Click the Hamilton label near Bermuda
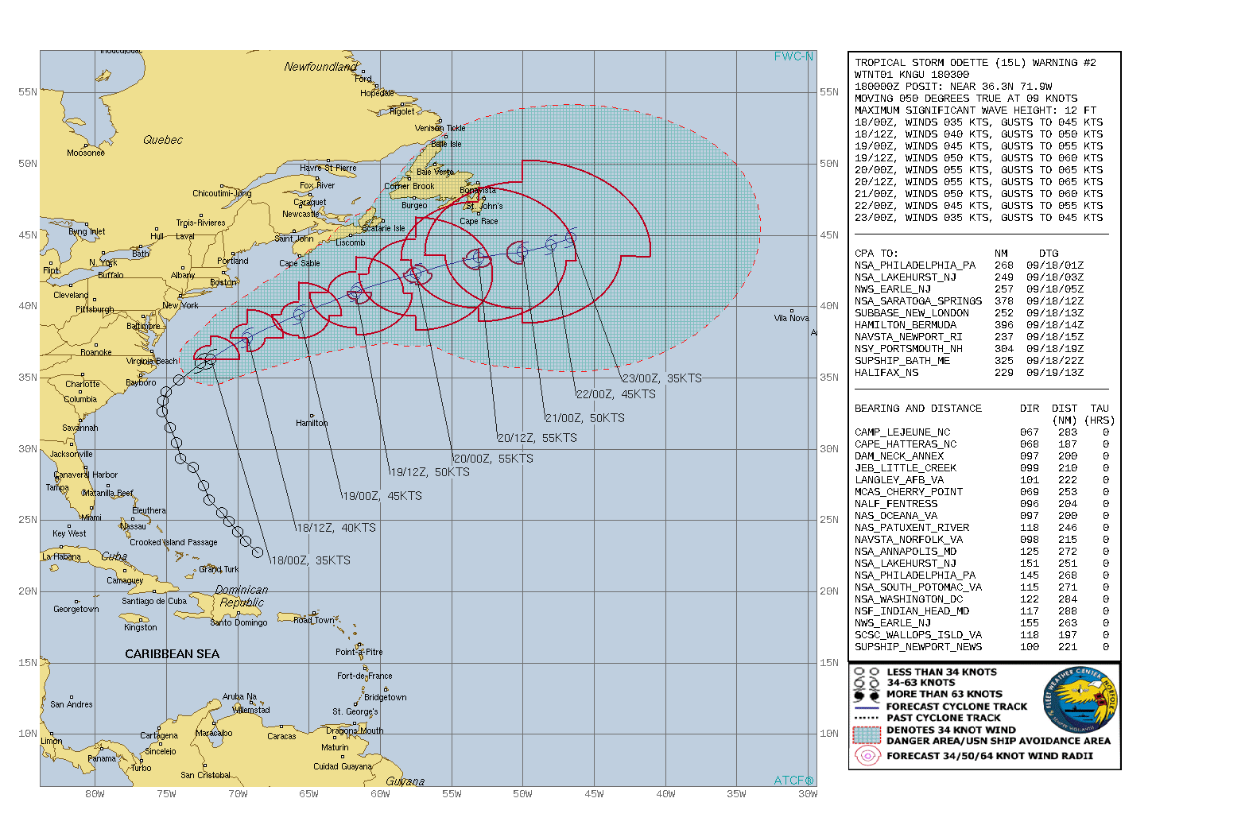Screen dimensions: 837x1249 click(312, 423)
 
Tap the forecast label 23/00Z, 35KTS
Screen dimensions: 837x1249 click(661, 378)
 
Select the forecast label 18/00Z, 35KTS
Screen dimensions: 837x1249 click(310, 560)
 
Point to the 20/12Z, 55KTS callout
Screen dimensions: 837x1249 click(537, 438)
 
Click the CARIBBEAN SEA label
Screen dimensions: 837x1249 click(172, 654)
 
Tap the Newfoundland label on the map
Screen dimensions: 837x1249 click(320, 67)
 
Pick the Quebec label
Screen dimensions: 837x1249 click(163, 140)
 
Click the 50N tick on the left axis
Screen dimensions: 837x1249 click(28, 164)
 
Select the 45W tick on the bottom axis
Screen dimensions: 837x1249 click(594, 794)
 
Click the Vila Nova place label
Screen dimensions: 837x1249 click(791, 318)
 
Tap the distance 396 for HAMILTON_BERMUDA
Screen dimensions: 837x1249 click(1003, 325)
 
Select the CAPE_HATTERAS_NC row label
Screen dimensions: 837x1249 click(906, 444)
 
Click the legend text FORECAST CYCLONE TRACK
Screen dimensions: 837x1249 click(956, 707)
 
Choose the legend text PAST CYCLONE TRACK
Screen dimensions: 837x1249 click(943, 718)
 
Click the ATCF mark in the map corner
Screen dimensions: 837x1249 click(793, 781)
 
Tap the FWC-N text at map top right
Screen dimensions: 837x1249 click(793, 56)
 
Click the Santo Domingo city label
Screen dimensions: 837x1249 click(239, 622)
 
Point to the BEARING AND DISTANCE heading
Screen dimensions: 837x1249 click(917, 409)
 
